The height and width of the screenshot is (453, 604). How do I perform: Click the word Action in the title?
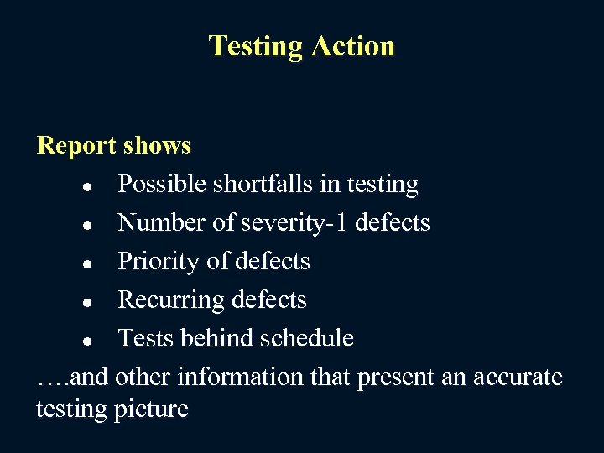point(352,45)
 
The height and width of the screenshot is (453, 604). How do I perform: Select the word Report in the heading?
point(76,146)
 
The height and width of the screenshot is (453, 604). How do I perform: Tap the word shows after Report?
point(157,146)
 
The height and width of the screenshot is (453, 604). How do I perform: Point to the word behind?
point(220,338)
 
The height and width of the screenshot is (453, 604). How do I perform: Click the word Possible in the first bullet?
point(159,184)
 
